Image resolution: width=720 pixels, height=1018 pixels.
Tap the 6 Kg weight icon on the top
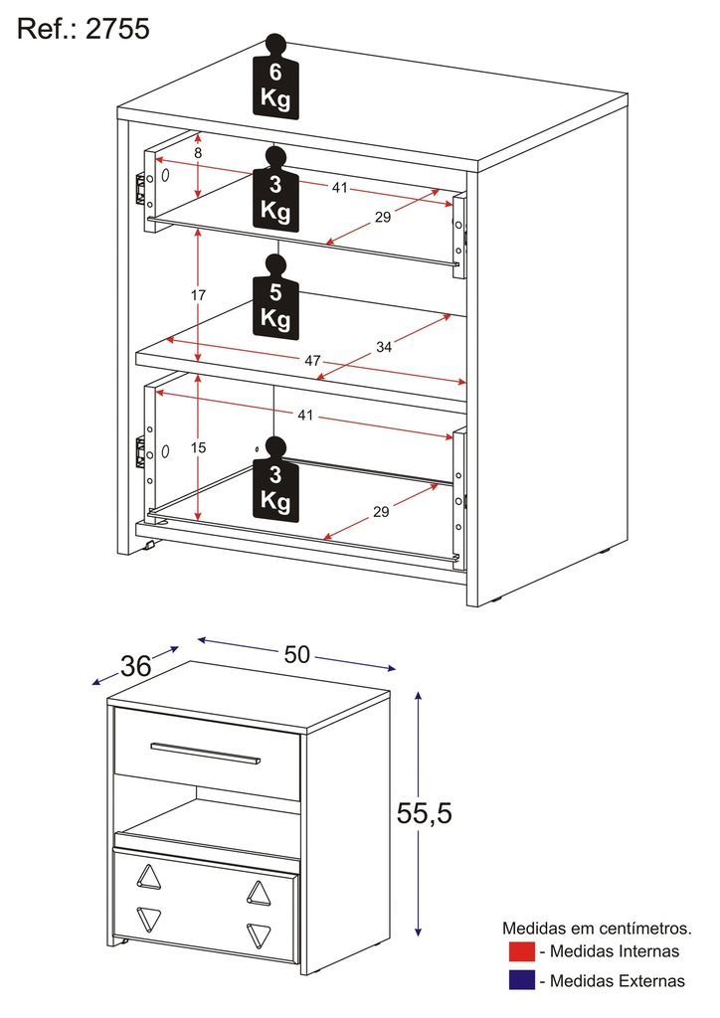(275, 82)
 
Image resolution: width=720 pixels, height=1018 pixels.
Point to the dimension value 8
(198, 153)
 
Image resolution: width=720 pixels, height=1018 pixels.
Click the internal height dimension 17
(199, 295)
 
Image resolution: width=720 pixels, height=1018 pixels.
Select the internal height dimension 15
(199, 447)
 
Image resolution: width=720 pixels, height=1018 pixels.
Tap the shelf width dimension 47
(312, 361)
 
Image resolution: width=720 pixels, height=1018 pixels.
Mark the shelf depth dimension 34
(384, 347)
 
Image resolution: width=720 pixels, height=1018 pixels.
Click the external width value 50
(297, 653)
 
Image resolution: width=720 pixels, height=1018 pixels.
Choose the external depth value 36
(135, 666)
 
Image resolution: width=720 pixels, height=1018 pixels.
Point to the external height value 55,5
(425, 813)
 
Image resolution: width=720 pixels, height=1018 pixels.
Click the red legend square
(521, 951)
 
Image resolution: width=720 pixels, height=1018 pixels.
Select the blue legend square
(521, 980)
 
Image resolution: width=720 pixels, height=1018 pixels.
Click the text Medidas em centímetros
(597, 929)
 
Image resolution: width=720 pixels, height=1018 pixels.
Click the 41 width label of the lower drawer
(304, 416)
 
